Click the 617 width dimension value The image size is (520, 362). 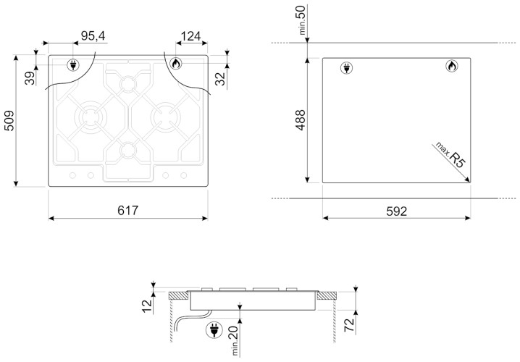point(128,211)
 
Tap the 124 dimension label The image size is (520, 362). point(190,35)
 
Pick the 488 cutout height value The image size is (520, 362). point(301,119)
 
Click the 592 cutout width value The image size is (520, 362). point(396,211)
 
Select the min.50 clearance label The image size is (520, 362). point(302,20)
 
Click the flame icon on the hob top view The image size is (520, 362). point(175,64)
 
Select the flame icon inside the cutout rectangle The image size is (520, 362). point(450,68)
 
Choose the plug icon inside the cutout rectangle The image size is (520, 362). point(345,68)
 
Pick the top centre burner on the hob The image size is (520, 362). point(128,83)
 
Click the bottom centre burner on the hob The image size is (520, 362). point(128,150)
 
